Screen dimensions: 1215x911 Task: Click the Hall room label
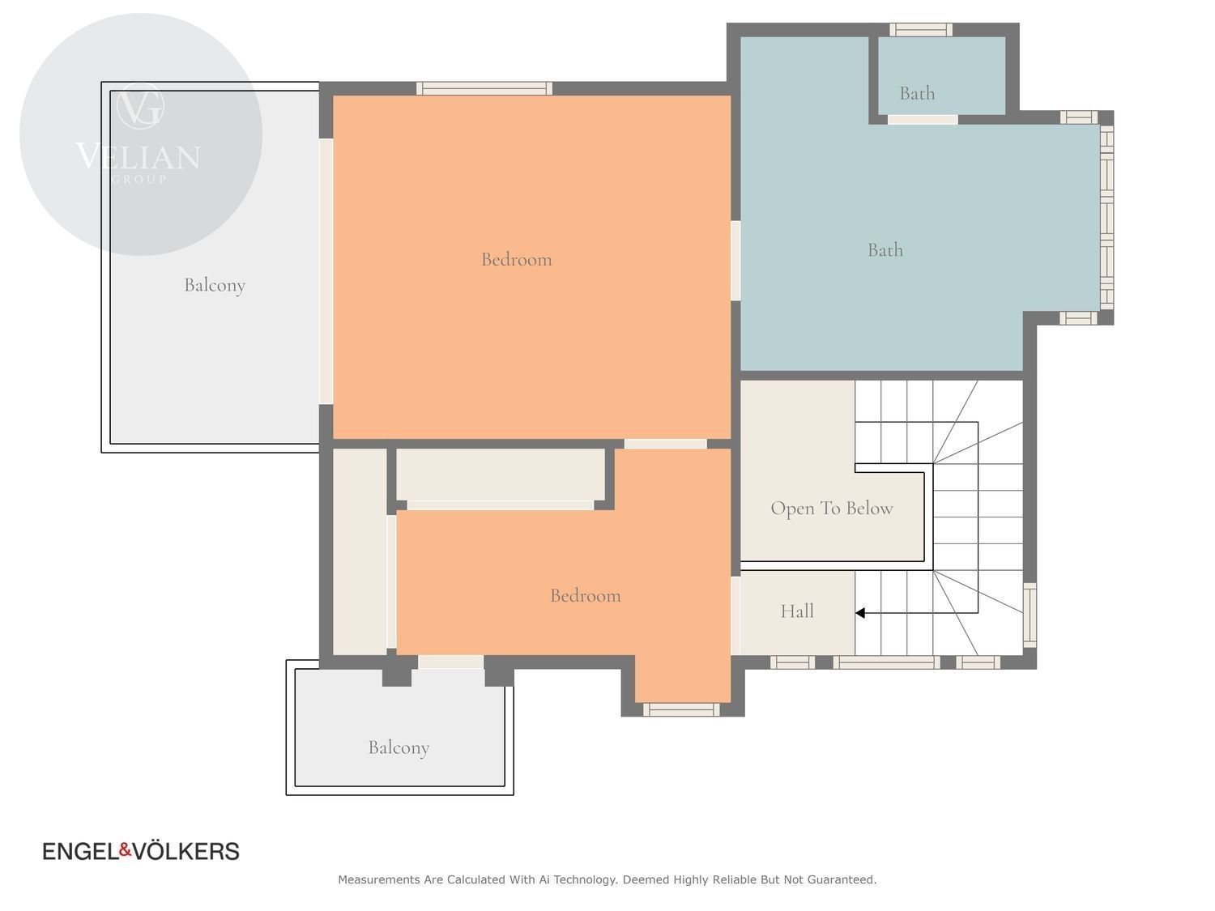point(796,611)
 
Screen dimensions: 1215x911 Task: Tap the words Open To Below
point(831,509)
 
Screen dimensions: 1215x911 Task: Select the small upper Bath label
point(917,93)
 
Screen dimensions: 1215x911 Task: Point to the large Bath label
point(885,250)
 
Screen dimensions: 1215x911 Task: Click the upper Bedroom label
point(516,259)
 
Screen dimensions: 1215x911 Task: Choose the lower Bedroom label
point(585,596)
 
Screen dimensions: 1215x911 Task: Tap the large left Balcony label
point(214,285)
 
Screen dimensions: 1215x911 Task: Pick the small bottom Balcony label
point(399,747)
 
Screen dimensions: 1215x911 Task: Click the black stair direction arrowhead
point(859,613)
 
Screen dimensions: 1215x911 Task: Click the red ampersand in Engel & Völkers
point(125,850)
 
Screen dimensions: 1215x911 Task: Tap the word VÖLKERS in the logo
point(186,851)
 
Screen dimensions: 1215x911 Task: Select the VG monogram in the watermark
point(140,107)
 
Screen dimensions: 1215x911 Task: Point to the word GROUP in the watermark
point(139,179)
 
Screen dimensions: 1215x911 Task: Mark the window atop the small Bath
point(920,29)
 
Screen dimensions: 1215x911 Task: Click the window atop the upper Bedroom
point(484,88)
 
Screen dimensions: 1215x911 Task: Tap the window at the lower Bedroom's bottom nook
point(681,709)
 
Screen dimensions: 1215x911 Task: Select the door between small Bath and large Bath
point(922,120)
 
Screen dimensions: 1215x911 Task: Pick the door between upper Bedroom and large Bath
point(735,261)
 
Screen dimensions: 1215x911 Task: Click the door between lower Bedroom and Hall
point(735,615)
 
